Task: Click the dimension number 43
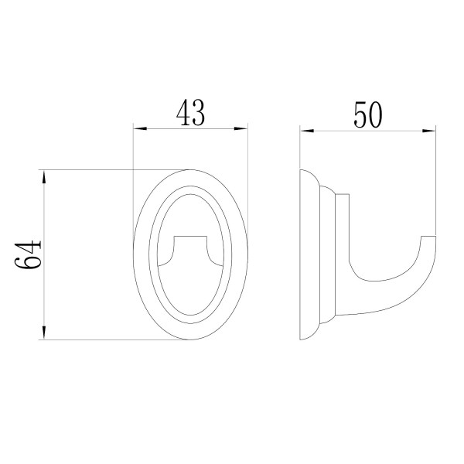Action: point(190,112)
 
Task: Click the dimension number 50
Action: point(368,114)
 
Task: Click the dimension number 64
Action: point(28,254)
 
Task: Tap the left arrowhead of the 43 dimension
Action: point(140,128)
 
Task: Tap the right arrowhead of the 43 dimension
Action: point(241,128)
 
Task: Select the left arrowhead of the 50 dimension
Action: point(307,131)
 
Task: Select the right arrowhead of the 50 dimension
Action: point(428,131)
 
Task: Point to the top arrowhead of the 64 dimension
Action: point(44,177)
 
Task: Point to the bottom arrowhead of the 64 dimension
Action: point(44,333)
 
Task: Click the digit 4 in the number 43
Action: point(183,112)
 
